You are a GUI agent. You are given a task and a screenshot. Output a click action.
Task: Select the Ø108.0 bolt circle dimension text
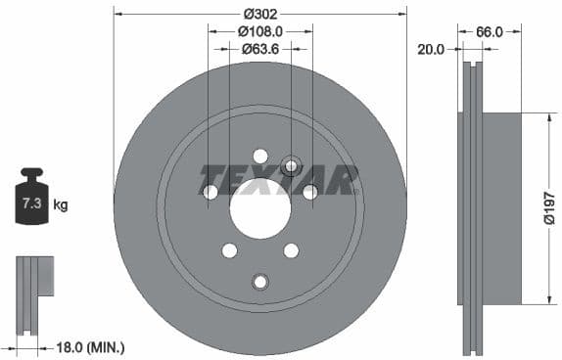click(259, 31)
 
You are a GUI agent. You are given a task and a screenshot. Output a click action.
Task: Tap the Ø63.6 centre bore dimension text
click(259, 48)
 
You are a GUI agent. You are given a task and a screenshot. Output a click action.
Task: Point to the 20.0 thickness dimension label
click(431, 48)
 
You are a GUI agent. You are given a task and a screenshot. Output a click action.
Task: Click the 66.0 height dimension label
click(490, 31)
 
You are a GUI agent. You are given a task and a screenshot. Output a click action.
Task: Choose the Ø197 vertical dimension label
click(549, 206)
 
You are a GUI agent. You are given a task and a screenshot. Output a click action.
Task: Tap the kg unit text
click(61, 205)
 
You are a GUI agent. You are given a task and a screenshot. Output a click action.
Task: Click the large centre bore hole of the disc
click(260, 209)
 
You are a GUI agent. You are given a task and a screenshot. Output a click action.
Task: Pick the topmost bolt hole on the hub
click(260, 156)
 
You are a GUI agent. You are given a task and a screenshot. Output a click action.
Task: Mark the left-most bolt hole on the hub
click(211, 193)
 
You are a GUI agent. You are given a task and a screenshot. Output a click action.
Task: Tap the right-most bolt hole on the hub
click(309, 193)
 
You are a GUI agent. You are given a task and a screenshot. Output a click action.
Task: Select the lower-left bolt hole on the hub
click(229, 250)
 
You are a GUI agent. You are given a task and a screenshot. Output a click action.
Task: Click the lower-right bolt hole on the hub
click(291, 250)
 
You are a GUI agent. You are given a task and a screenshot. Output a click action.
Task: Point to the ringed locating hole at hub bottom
click(259, 282)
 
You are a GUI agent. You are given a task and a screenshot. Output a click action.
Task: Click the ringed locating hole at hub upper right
click(290, 164)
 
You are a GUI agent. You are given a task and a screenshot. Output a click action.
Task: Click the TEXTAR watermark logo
click(279, 180)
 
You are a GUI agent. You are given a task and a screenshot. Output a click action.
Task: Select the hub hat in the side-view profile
click(501, 207)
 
